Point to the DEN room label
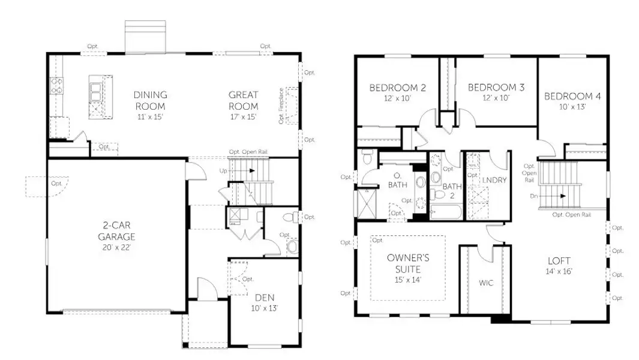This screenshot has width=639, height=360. click(265, 297)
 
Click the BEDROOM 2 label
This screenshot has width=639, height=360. click(397, 88)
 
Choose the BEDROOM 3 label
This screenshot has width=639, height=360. click(496, 88)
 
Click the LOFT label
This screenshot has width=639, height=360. click(558, 261)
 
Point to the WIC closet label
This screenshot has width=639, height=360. click(486, 283)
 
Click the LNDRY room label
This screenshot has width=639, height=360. click(495, 180)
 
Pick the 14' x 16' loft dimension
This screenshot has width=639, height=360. click(558, 271)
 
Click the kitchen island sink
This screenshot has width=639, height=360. click(96, 91)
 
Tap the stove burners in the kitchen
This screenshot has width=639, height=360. click(56, 86)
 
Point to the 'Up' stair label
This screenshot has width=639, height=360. click(223, 171)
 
